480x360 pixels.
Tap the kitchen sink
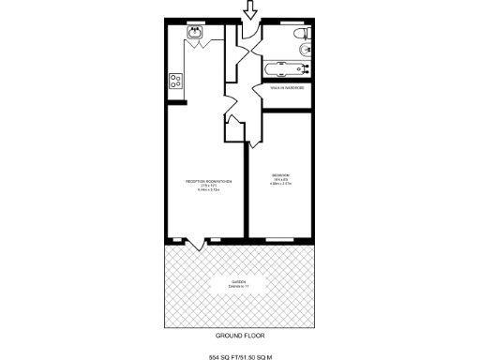click(195, 36)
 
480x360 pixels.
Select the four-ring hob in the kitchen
click(174, 81)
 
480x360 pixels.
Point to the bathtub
click(285, 69)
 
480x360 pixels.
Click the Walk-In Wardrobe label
click(286, 88)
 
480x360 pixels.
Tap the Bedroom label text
click(280, 175)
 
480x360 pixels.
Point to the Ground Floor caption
click(240, 335)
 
